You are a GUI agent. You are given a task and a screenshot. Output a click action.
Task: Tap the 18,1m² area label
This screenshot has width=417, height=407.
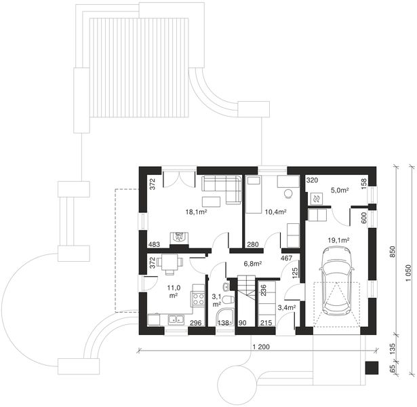196,212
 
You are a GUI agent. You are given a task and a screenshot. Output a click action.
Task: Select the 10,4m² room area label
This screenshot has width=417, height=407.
275,212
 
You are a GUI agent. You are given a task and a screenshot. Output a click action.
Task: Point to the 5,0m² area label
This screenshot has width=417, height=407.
339,191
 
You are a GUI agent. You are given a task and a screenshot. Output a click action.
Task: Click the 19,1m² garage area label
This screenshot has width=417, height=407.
338,239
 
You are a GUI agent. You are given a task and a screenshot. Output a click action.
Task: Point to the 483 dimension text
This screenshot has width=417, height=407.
154,244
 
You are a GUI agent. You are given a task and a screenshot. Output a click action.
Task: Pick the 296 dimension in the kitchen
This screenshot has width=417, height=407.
195,323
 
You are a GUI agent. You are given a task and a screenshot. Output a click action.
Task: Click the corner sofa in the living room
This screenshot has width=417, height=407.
221,187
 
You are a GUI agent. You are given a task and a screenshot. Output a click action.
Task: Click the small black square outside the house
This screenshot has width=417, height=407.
370,368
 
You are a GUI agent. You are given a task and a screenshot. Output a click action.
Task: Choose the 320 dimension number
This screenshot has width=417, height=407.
312,181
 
